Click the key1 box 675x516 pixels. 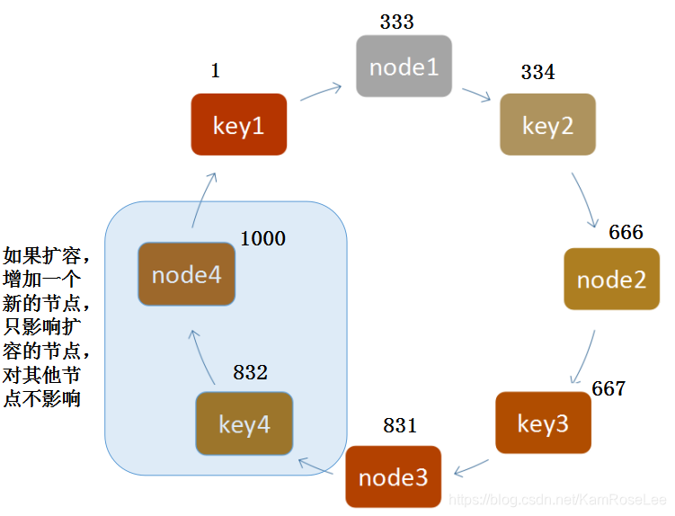tap(239, 125)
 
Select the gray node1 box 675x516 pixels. tap(404, 67)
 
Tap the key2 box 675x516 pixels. tap(547, 125)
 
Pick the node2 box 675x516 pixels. tap(611, 280)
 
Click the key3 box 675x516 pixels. tap(543, 423)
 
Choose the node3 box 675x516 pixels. tap(393, 476)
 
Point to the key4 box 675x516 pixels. tap(244, 423)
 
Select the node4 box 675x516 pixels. tap(186, 273)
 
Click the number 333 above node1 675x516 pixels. tap(396, 22)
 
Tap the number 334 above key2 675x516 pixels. tap(537, 73)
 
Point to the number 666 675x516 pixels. tap(626, 233)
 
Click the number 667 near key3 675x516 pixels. tap(608, 389)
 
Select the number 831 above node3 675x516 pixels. tap(400, 425)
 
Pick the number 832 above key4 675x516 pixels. tap(250, 372)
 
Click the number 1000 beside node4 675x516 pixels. tap(262, 238)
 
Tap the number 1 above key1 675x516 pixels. tap(215, 72)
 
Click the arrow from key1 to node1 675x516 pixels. tap(321, 92)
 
